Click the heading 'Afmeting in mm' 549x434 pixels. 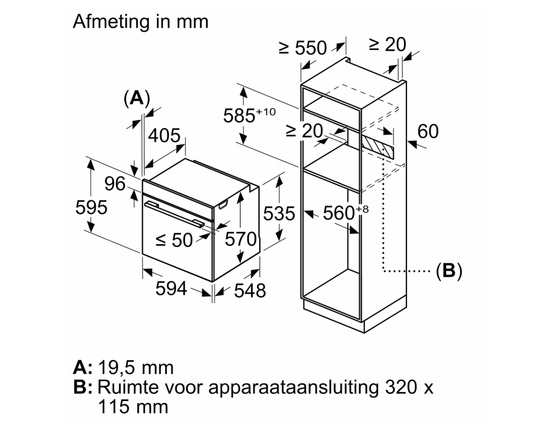[140, 22]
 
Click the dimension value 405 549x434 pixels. [164, 136]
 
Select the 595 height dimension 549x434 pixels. [91, 207]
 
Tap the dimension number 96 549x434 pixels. [115, 184]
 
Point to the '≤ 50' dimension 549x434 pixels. [174, 240]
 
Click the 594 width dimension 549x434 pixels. [171, 288]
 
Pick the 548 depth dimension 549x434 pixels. [250, 290]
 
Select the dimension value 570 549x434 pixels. [241, 239]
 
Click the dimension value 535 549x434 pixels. [279, 214]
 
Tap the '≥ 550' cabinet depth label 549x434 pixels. [303, 48]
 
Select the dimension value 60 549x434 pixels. [428, 131]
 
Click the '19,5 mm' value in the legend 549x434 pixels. [136, 368]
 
